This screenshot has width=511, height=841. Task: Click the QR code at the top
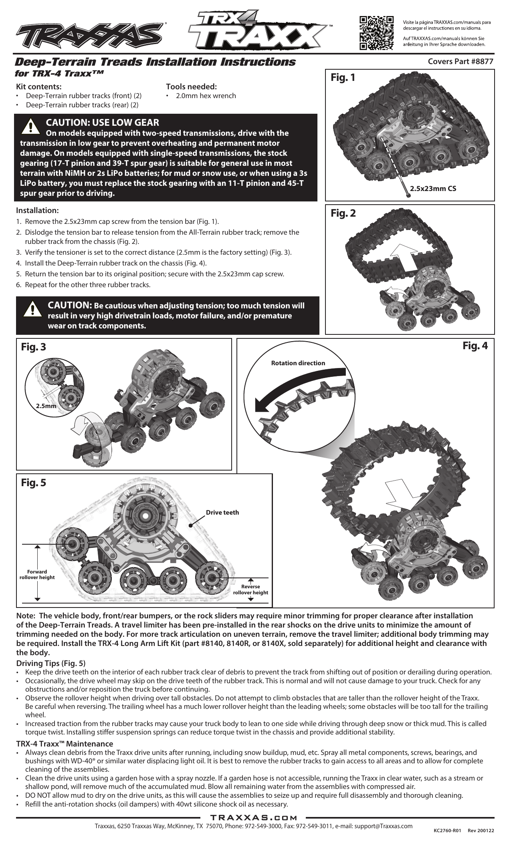pyautogui.click(x=376, y=33)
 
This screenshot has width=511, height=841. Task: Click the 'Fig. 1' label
pyautogui.click(x=343, y=78)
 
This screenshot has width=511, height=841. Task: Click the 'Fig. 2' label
pyautogui.click(x=343, y=213)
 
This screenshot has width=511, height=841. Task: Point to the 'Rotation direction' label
pyautogui.click(x=298, y=363)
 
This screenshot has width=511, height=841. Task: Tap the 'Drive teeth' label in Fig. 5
pyautogui.click(x=222, y=512)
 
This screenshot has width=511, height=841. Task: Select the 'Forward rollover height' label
pyautogui.click(x=37, y=574)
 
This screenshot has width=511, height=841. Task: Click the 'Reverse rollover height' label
pyautogui.click(x=250, y=590)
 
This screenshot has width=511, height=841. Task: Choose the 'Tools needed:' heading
pyautogui.click(x=191, y=87)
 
